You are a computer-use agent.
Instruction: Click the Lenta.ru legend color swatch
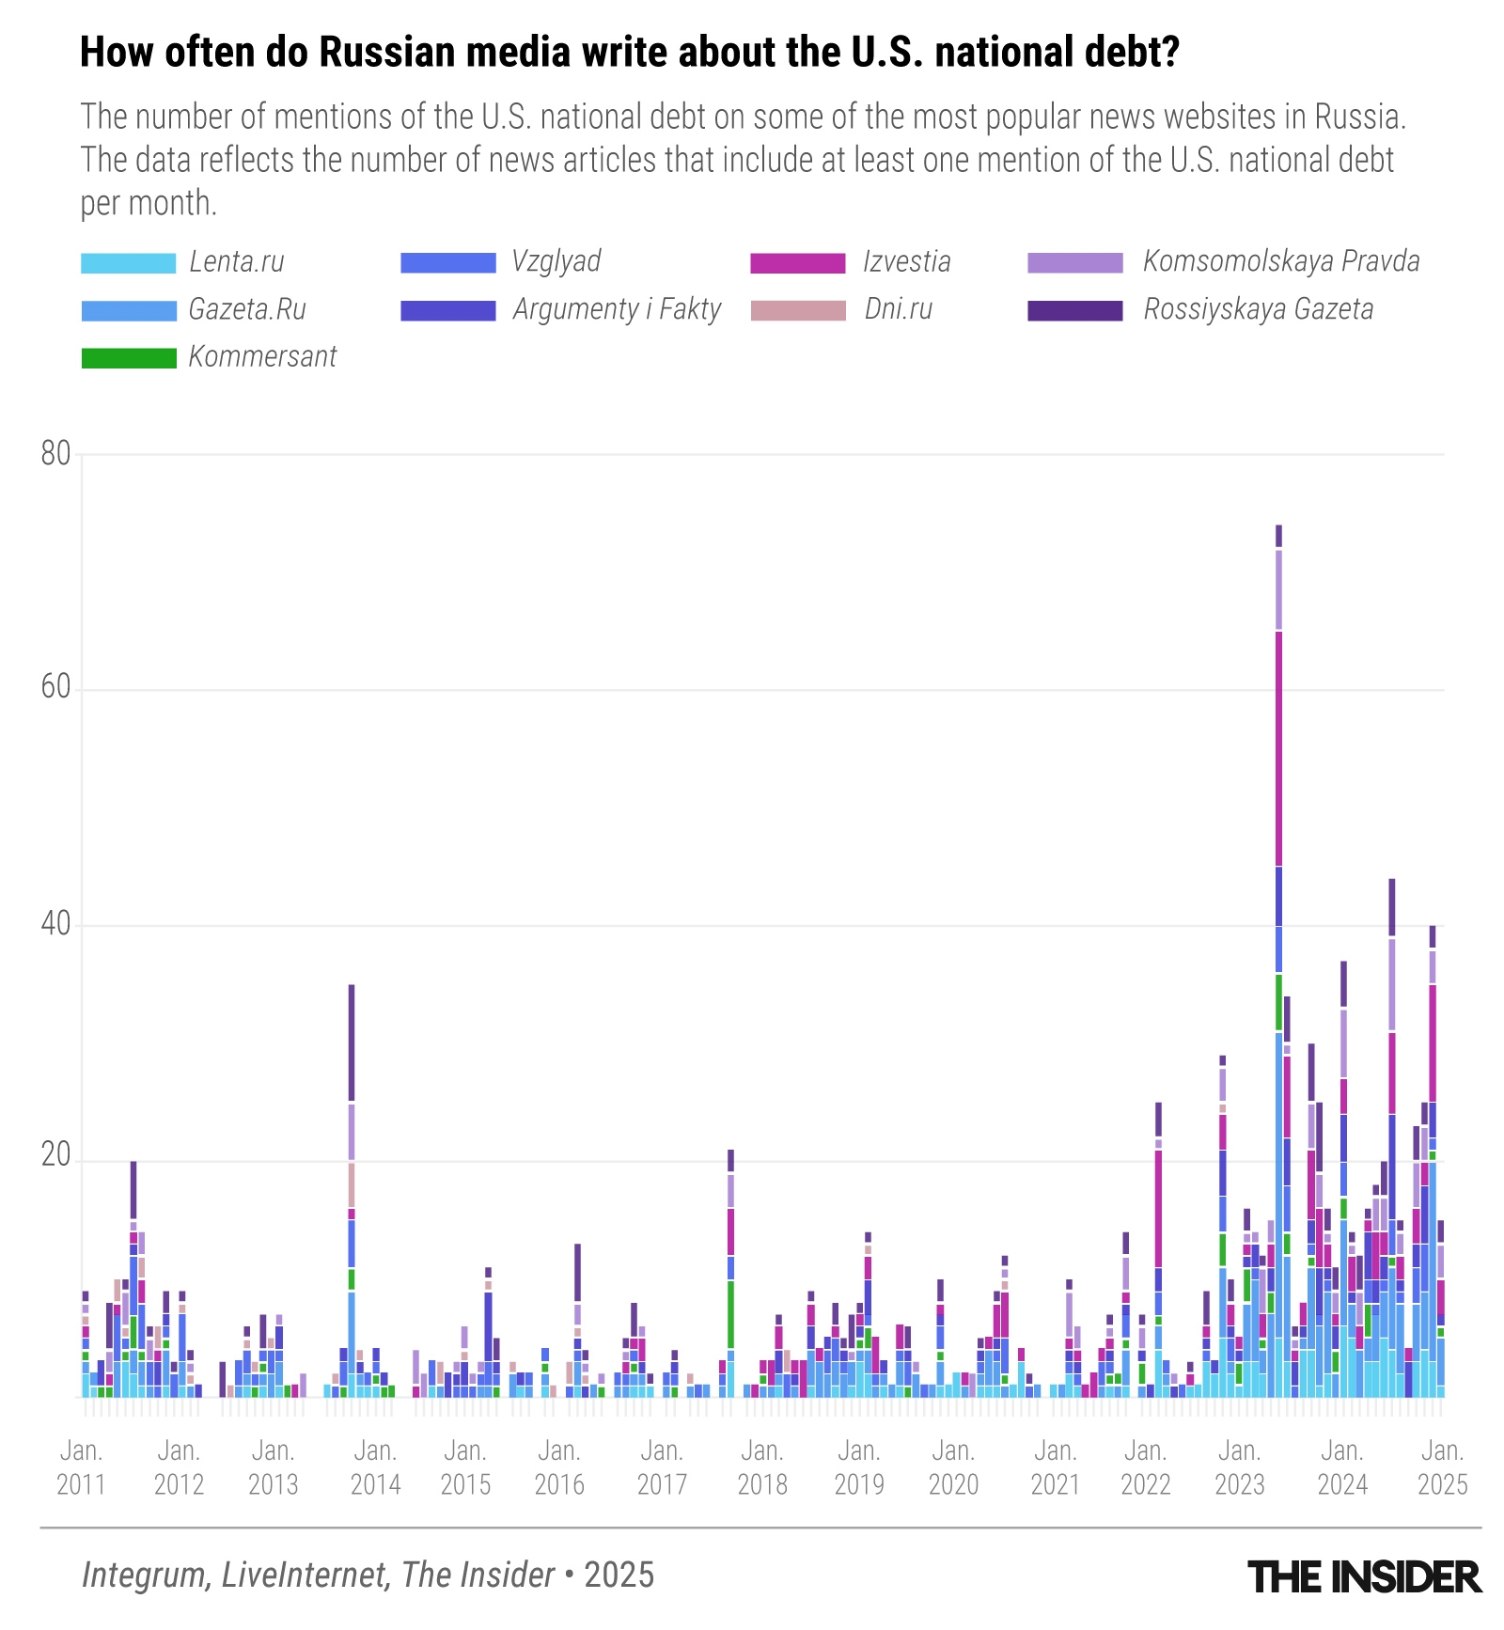click(128, 263)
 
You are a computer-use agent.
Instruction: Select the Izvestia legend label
click(906, 261)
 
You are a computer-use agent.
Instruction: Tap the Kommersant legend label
click(262, 357)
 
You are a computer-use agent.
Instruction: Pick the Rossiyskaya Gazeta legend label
click(1258, 309)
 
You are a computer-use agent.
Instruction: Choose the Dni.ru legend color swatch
click(798, 310)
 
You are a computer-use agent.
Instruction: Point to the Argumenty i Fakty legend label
click(617, 309)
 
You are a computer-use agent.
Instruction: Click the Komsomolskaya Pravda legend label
click(1280, 261)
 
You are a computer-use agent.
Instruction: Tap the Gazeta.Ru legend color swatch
click(128, 311)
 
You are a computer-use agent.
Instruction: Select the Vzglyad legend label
click(556, 261)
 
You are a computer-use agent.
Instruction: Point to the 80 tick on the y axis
click(56, 454)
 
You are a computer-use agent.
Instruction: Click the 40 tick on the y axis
click(56, 925)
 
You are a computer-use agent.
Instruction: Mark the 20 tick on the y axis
click(56, 1155)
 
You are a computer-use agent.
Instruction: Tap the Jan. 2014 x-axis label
click(375, 1467)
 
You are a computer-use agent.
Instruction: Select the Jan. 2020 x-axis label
click(953, 1467)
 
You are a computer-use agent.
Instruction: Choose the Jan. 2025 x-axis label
click(1442, 1467)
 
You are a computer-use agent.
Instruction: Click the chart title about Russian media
click(629, 53)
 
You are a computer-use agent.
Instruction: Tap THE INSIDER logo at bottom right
click(1364, 1576)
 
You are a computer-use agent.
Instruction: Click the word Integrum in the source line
click(146, 1575)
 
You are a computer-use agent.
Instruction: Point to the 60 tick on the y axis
click(56, 688)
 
